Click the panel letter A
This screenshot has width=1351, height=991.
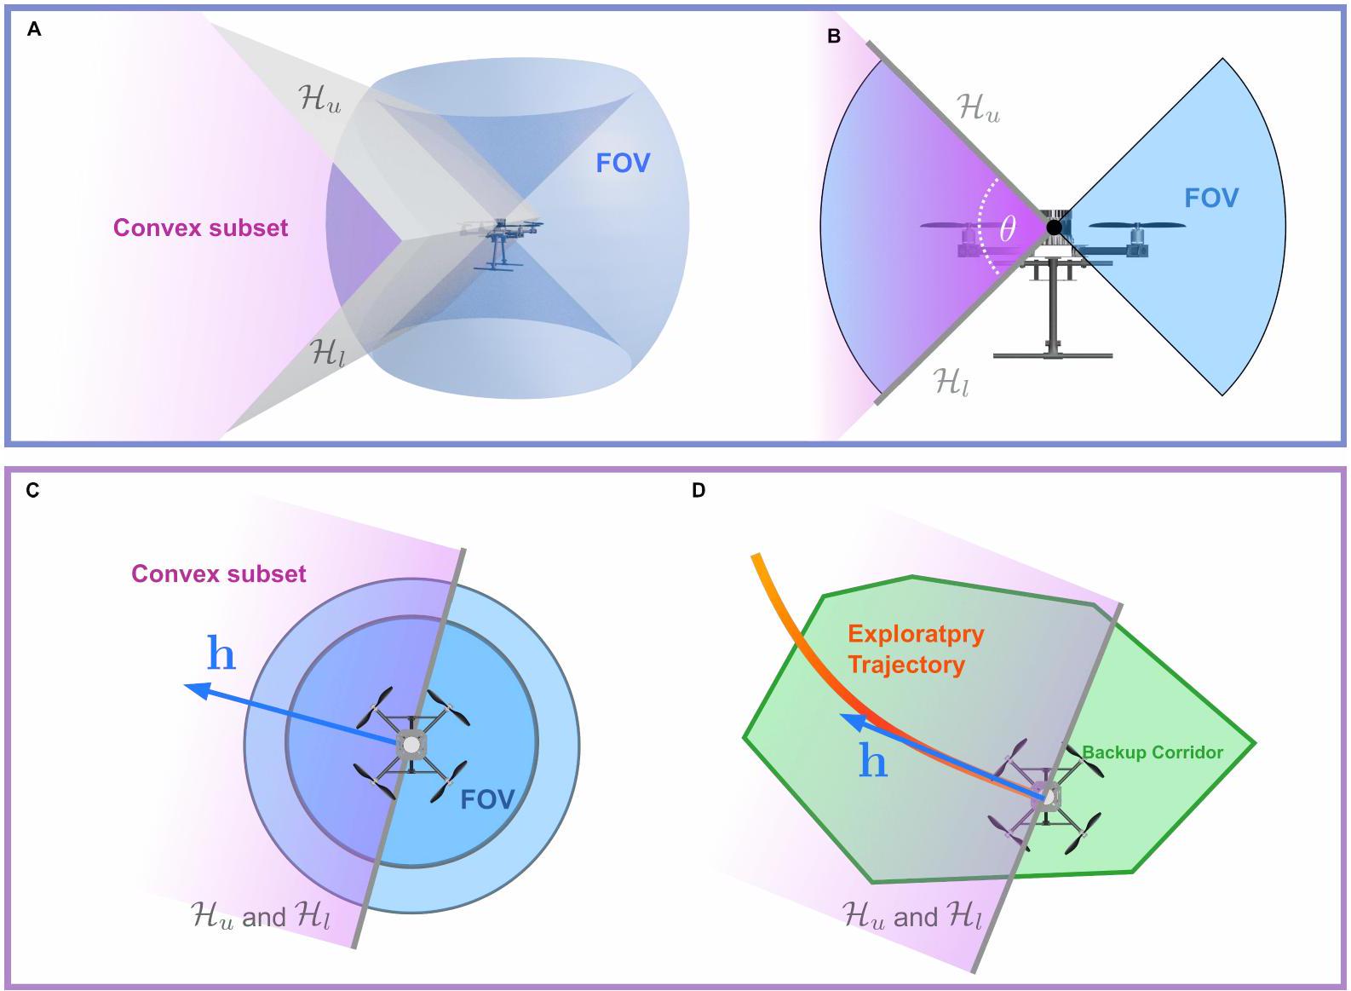(x=34, y=30)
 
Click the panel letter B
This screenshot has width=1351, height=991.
(x=834, y=36)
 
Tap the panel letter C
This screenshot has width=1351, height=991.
(x=33, y=491)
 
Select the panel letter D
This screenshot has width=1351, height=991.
(x=698, y=491)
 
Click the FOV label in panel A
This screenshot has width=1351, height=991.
(x=623, y=163)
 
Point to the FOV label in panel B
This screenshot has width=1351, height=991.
(x=1210, y=199)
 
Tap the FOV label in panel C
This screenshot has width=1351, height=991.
(x=487, y=799)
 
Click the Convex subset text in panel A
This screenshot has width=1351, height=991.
(x=200, y=228)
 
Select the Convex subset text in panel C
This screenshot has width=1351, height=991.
(x=218, y=573)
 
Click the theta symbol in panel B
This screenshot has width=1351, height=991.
(x=1008, y=228)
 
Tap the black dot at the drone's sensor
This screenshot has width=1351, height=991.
(x=1054, y=228)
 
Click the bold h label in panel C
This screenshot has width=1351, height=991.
(x=221, y=654)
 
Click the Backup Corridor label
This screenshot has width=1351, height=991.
(x=1152, y=752)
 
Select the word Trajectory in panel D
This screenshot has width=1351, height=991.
(x=905, y=665)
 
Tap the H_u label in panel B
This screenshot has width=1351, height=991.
(x=979, y=109)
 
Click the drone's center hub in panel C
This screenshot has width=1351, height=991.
(x=411, y=745)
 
